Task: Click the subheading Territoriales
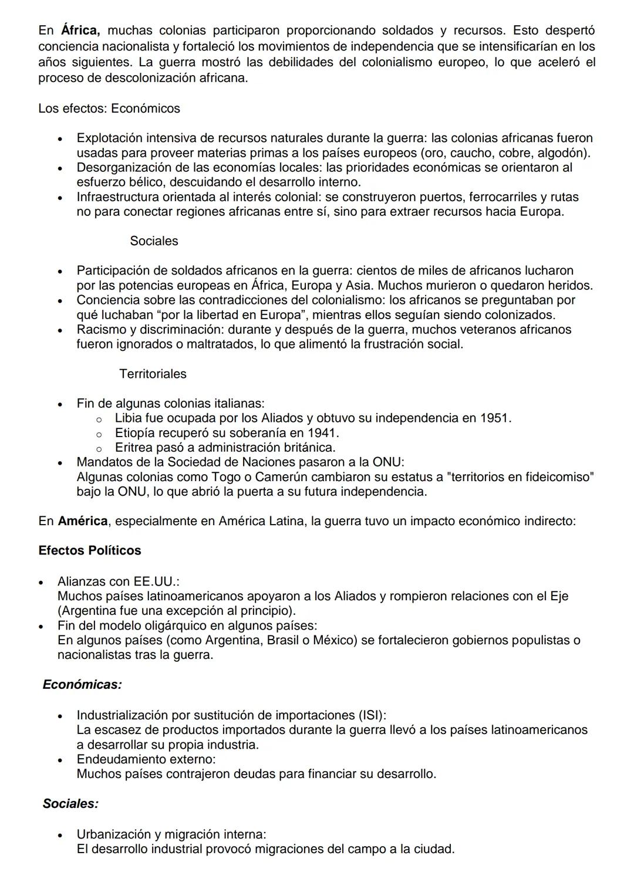(153, 374)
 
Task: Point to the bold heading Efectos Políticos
(89, 550)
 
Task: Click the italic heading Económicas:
(82, 684)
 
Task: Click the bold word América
(82, 521)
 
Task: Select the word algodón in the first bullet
(562, 153)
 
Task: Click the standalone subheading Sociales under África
(154, 241)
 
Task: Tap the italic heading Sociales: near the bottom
(70, 804)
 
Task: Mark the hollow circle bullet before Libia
(99, 419)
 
